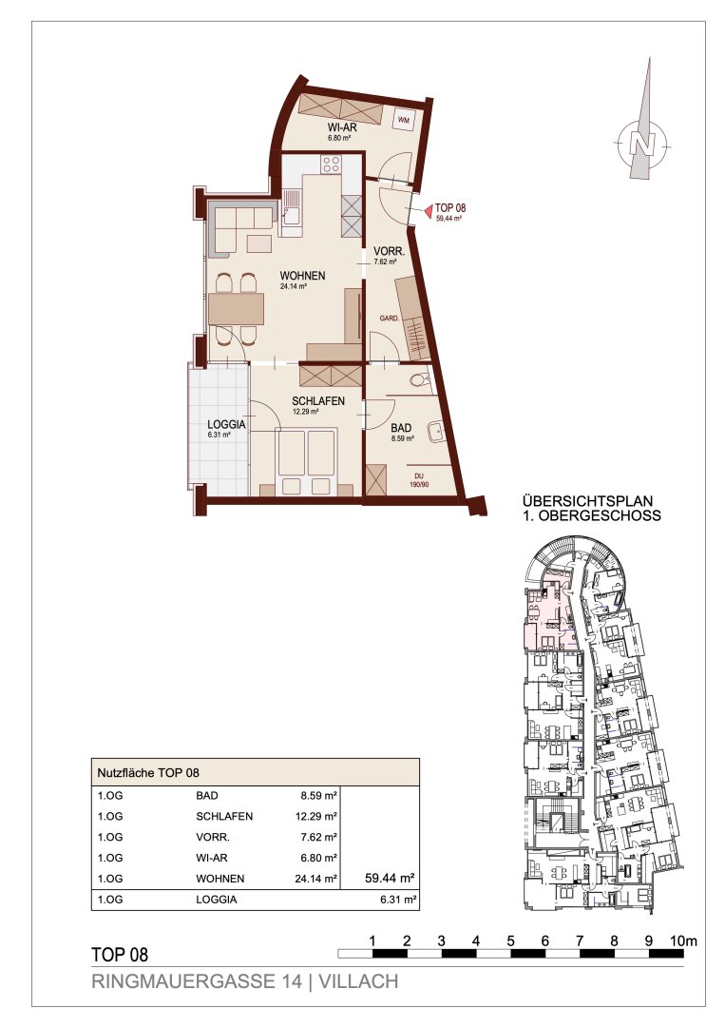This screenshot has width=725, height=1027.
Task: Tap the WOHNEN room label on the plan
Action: click(302, 276)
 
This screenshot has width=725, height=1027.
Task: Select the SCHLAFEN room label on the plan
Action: click(318, 401)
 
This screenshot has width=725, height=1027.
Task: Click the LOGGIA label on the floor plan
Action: click(226, 424)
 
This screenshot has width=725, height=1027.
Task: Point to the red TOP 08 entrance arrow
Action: click(427, 211)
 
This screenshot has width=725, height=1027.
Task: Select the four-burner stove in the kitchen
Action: click(331, 164)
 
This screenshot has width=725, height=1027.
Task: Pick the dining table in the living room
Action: click(237, 309)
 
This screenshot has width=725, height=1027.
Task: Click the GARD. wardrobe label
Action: click(390, 319)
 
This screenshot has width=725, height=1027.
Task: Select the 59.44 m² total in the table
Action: click(390, 879)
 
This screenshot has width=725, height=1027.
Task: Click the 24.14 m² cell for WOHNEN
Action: click(316, 879)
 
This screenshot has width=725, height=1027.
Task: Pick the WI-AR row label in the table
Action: click(211, 858)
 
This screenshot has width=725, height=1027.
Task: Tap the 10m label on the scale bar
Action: click(684, 941)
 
